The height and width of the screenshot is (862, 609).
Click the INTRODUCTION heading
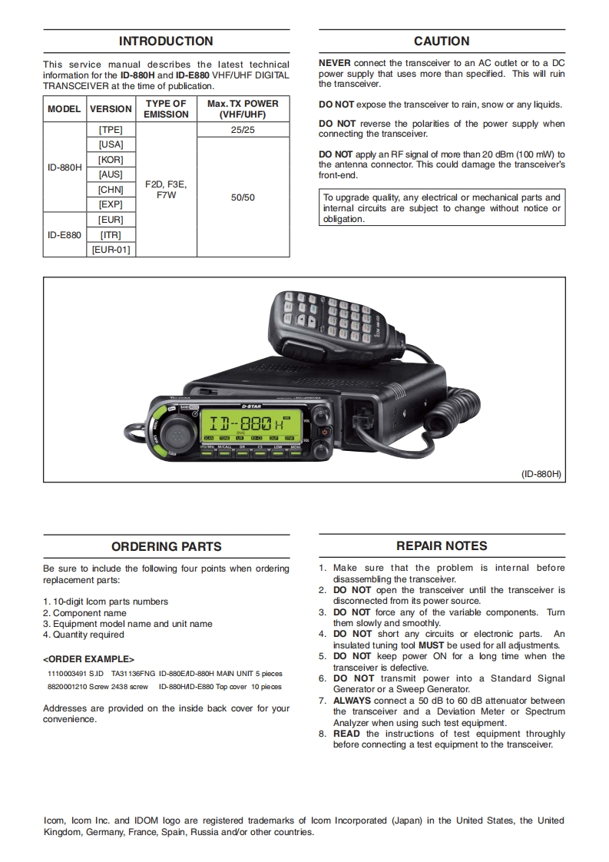166,41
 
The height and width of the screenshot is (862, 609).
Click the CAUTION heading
442,41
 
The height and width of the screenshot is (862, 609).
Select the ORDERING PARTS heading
166,547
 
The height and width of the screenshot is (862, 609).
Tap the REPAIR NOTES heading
442,546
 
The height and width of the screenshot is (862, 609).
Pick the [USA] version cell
111,144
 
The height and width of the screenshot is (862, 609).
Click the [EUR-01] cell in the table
111,250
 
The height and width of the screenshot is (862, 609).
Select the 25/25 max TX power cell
243,130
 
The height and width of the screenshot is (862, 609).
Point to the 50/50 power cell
243,197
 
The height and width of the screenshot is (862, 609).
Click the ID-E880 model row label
65,234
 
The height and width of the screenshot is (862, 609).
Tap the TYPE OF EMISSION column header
166,108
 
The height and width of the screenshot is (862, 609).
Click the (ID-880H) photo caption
542,474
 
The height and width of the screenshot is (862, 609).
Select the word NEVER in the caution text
335,64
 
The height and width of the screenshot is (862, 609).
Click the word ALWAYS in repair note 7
352,701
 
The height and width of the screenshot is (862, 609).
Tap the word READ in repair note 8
346,734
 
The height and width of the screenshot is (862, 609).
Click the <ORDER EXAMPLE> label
88,659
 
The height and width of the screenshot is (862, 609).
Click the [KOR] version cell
111,160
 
